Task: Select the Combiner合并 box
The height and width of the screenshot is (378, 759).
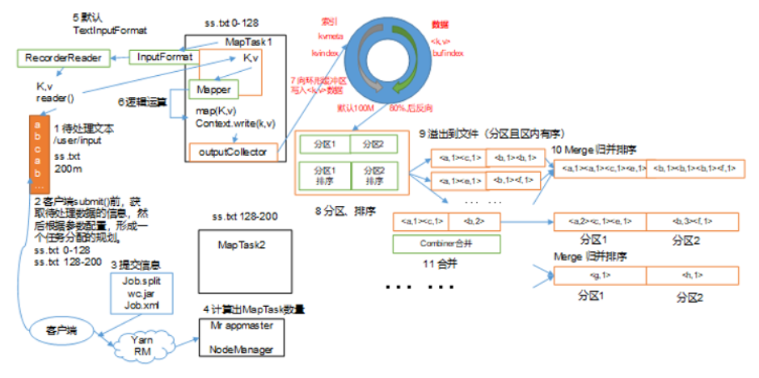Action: point(446,243)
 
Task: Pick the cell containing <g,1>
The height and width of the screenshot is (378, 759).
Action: point(599,276)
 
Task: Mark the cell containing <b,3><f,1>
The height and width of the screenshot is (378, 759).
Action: point(693,220)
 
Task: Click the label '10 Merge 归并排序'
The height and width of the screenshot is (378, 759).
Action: point(602,150)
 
